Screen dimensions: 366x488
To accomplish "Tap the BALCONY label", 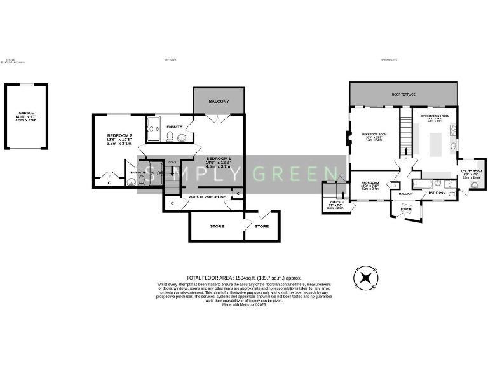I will tap(218, 102).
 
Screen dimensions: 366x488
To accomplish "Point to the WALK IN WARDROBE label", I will tap(204, 197).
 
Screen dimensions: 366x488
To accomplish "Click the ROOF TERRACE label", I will tap(403, 95).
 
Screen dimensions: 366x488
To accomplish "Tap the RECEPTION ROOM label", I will tap(374, 135).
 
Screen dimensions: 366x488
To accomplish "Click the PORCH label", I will tap(405, 208).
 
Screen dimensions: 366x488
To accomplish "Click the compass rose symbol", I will tap(365, 278).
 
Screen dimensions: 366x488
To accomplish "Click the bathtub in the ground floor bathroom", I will tap(423, 184).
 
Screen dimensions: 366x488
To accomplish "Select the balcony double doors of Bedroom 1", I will tap(218, 118).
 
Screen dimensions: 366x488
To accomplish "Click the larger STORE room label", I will tap(217, 226).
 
